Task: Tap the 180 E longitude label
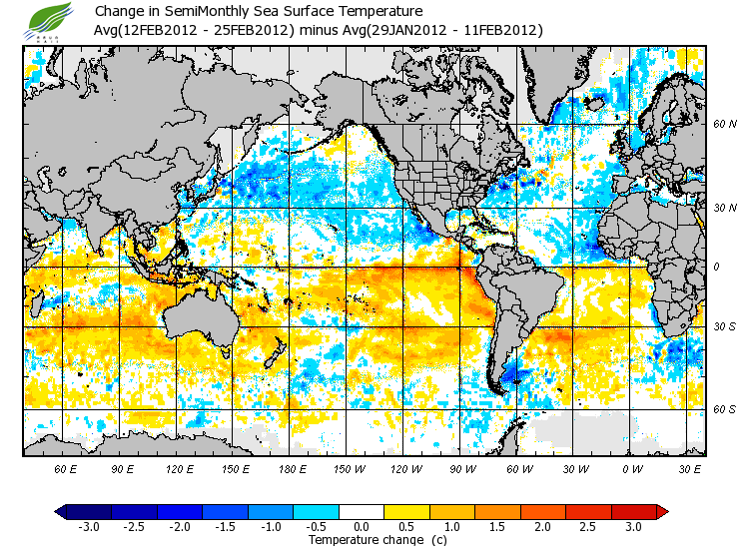[293, 468]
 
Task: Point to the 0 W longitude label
[632, 468]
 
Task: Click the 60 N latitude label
[725, 125]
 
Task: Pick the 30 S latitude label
[725, 326]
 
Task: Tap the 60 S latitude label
[725, 409]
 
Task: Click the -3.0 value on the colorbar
[88, 526]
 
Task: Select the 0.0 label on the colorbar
[363, 526]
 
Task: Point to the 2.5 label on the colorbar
[589, 526]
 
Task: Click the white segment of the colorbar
[363, 511]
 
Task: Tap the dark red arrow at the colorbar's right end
[661, 511]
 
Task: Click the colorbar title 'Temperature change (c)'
[363, 540]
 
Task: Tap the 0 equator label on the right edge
[715, 267]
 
